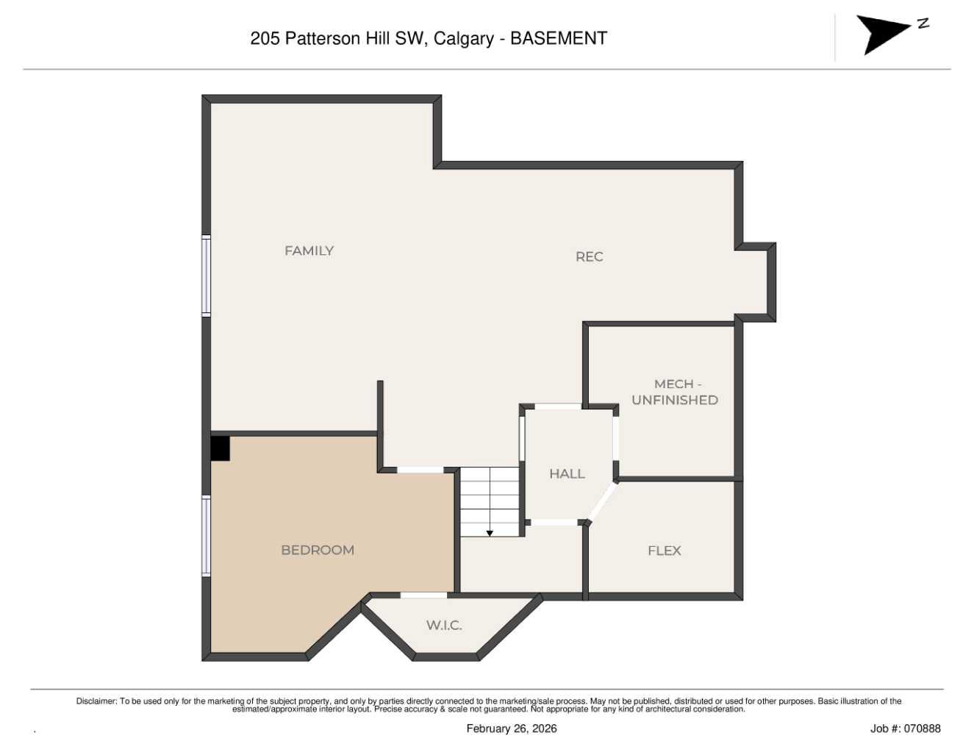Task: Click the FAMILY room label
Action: click(x=309, y=251)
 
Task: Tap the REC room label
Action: click(x=589, y=257)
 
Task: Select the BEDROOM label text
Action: click(x=318, y=550)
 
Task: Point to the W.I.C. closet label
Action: click(x=444, y=626)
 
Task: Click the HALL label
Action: click(x=567, y=474)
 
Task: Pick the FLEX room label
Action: click(x=664, y=551)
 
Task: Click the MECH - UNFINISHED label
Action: click(x=675, y=392)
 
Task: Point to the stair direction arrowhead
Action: click(x=490, y=533)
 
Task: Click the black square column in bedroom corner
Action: click(x=220, y=448)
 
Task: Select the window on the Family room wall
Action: click(x=207, y=276)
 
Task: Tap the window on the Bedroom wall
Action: click(x=207, y=535)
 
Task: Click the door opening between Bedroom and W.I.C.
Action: click(x=423, y=595)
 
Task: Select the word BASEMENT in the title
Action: click(x=559, y=38)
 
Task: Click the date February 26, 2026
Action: click(x=512, y=728)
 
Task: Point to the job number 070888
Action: click(x=922, y=728)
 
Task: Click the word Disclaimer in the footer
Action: click(x=96, y=701)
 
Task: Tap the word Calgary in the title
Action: click(x=463, y=38)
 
